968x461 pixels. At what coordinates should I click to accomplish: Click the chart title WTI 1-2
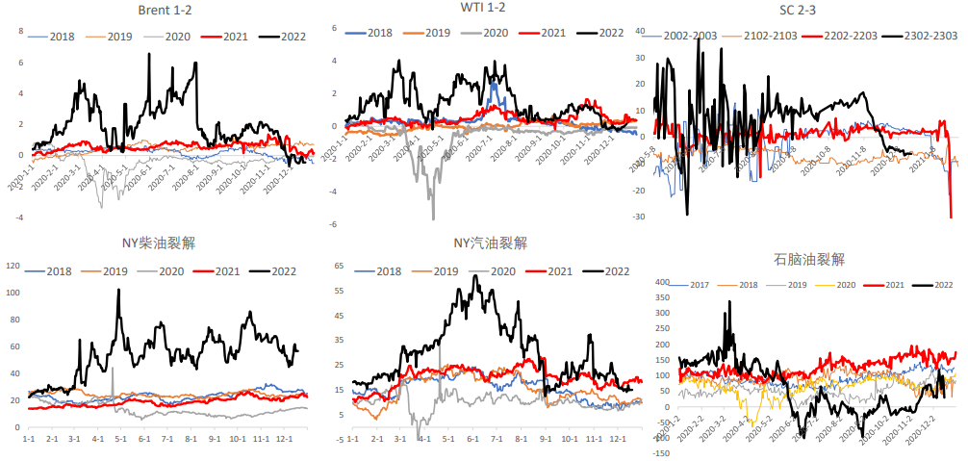[482, 9]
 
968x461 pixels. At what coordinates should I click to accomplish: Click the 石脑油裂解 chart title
[808, 259]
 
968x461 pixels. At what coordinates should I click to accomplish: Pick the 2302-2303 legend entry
[931, 36]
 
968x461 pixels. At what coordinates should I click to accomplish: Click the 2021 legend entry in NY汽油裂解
[551, 271]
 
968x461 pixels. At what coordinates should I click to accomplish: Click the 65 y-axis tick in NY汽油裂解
[339, 265]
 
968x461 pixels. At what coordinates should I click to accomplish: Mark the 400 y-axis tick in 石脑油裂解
[660, 283]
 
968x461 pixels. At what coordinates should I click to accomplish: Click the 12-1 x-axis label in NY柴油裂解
[284, 438]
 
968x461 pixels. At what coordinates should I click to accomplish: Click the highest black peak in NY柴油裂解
[118, 290]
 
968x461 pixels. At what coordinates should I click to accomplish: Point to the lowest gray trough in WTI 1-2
[433, 218]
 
